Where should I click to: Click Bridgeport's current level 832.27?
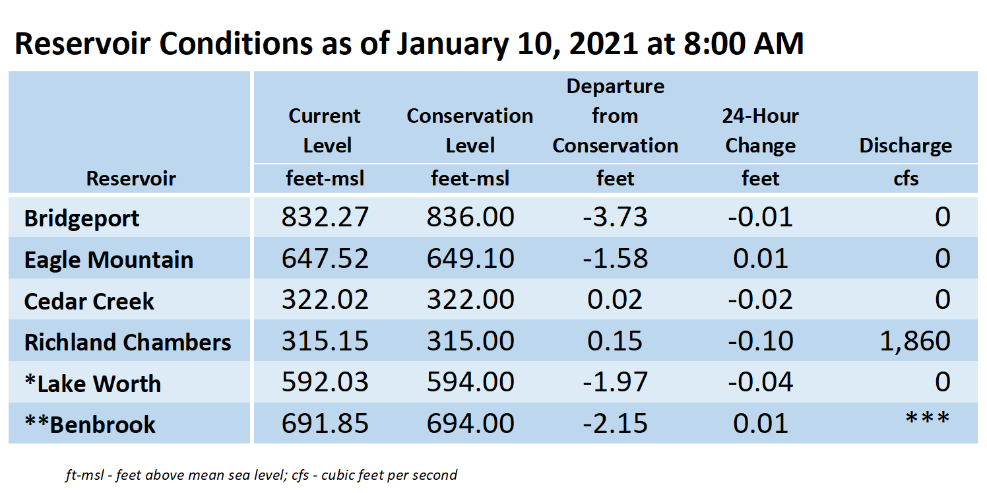325,216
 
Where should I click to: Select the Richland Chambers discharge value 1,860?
914,341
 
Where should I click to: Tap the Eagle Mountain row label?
108,259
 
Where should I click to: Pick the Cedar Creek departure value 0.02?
615,300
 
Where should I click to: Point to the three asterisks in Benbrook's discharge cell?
927,418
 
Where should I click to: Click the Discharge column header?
905,146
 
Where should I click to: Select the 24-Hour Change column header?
761,131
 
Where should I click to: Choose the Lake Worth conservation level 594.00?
470,382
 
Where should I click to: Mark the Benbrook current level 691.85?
325,424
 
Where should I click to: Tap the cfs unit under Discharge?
905,179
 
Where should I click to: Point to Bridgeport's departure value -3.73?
615,216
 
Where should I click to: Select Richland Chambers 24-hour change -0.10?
760,341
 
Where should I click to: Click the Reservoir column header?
131,179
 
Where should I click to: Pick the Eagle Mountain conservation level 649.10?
470,258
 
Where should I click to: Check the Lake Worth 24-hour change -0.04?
760,382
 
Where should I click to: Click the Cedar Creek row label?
89,302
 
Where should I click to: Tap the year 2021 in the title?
604,44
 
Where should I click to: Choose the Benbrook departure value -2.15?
615,424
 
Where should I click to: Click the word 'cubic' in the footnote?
338,475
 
